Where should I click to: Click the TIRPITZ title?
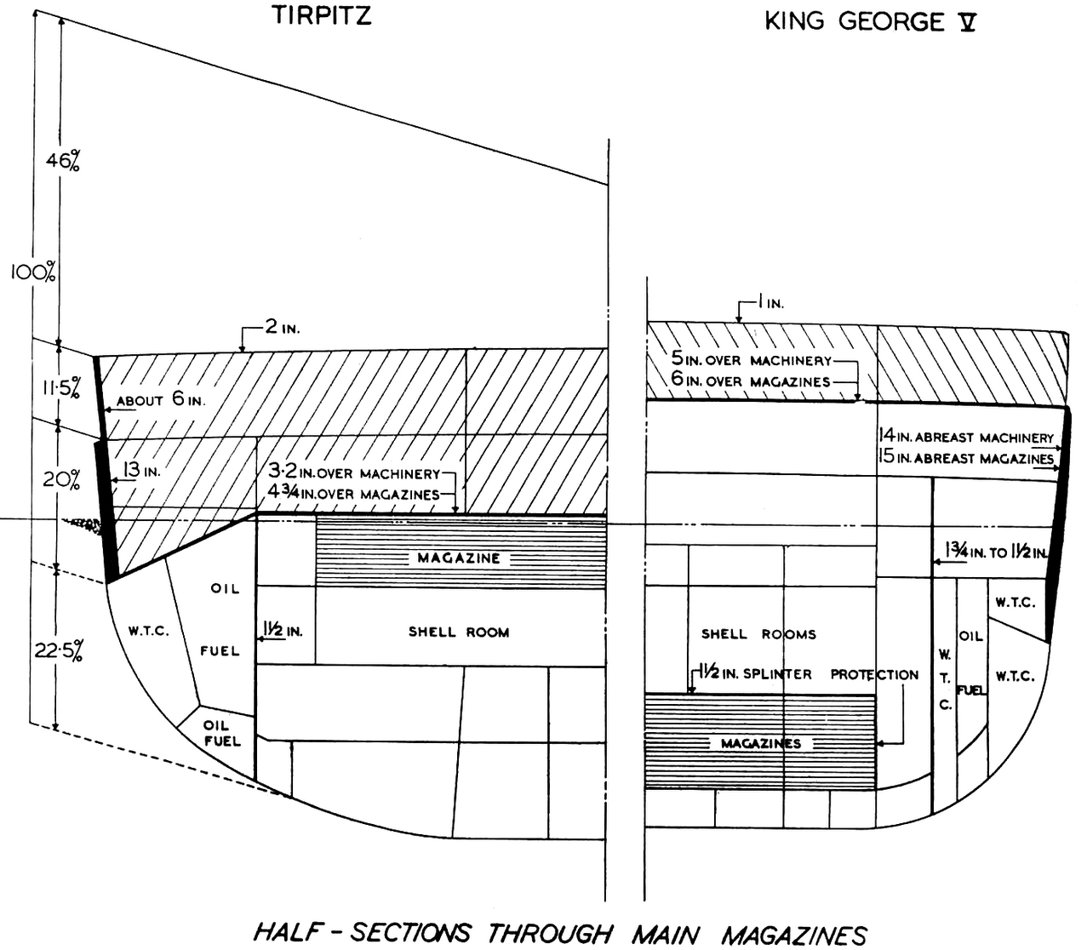(322, 15)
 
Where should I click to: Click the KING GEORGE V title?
(870, 22)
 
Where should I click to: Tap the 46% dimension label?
(62, 160)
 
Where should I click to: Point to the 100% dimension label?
(32, 272)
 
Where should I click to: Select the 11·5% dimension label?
(61, 388)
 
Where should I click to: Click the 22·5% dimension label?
(59, 651)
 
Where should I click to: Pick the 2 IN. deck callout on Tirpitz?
(283, 327)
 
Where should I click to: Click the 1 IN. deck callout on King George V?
(770, 303)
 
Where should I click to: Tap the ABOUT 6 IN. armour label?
(160, 399)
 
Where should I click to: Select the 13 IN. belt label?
(140, 470)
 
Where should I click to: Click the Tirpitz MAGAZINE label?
(459, 558)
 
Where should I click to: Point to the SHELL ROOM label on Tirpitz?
(459, 632)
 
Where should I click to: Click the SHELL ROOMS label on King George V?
(758, 634)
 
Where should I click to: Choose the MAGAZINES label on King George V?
(761, 743)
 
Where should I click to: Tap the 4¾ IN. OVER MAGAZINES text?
(353, 494)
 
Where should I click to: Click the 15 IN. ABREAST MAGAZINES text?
(965, 457)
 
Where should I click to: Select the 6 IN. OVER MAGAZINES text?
(750, 381)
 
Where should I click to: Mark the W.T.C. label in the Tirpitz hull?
(149, 632)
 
